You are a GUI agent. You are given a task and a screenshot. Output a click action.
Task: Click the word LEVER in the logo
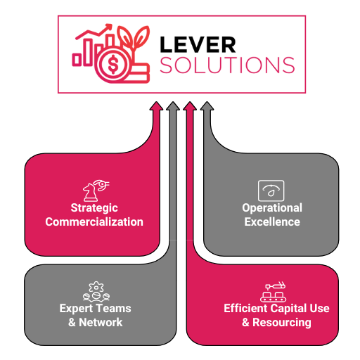point(198,44)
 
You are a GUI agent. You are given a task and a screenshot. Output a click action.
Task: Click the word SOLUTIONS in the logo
point(227,65)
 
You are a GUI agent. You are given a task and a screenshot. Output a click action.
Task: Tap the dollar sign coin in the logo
point(113,64)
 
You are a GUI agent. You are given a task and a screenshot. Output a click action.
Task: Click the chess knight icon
point(91,193)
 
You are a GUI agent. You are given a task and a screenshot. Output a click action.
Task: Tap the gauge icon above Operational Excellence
point(271,191)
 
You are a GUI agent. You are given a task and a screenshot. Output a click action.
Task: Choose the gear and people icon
point(96,292)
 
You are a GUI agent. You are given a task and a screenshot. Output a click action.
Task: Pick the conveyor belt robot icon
point(274,292)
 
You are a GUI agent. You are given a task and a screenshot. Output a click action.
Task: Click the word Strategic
point(94,208)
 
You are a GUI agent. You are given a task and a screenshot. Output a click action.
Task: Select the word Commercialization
point(94,221)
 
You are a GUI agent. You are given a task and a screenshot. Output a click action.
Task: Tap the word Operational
point(272,208)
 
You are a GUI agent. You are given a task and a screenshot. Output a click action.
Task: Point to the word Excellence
point(272,221)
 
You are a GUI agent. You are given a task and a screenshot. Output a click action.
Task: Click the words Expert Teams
point(95,309)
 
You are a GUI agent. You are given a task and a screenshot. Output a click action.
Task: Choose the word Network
point(101,322)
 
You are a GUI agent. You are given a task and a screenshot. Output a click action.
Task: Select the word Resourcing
point(282,323)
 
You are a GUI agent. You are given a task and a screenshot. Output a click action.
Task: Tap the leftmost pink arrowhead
point(156,105)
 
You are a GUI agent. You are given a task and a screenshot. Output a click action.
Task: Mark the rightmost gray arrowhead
point(207,105)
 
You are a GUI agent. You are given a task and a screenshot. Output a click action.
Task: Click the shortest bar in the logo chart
point(77,60)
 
